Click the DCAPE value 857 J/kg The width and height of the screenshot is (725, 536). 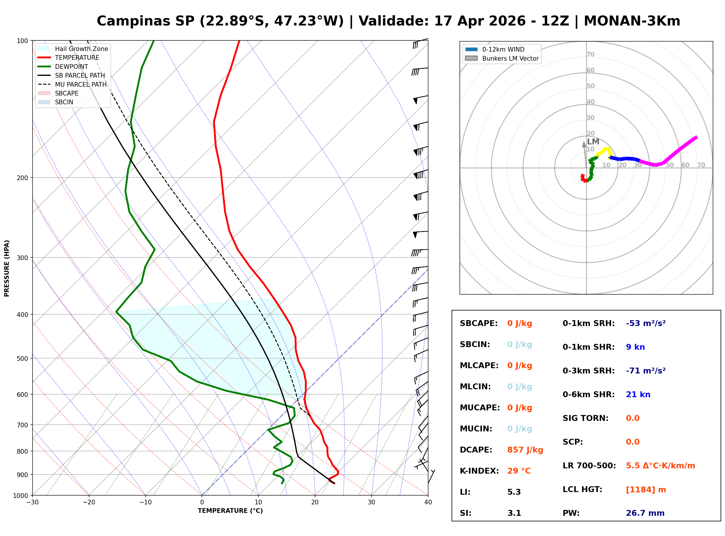525,450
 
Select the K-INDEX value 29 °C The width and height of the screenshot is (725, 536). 519,471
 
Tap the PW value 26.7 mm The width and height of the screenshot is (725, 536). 645,513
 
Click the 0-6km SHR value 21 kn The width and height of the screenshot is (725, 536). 638,394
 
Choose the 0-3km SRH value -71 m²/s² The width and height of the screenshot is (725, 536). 645,371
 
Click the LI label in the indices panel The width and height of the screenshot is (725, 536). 465,492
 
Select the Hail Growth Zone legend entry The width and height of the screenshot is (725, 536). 81,49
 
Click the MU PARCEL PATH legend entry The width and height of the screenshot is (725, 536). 81,84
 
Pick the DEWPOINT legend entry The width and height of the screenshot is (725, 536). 72,66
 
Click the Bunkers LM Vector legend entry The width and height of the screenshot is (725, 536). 510,58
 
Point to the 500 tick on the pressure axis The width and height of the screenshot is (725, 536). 22,359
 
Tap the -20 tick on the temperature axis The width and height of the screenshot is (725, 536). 89,502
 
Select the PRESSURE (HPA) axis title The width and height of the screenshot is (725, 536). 7,268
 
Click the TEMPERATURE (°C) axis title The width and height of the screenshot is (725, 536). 230,511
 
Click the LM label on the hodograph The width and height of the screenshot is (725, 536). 593,141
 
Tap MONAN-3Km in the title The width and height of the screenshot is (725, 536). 632,21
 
